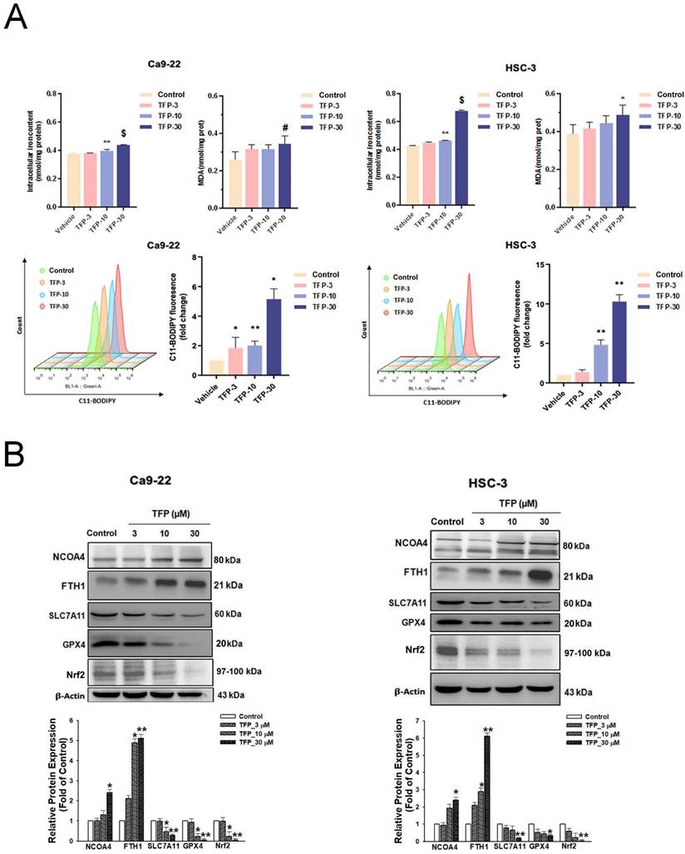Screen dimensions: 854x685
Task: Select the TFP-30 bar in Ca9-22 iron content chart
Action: click(124, 175)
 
